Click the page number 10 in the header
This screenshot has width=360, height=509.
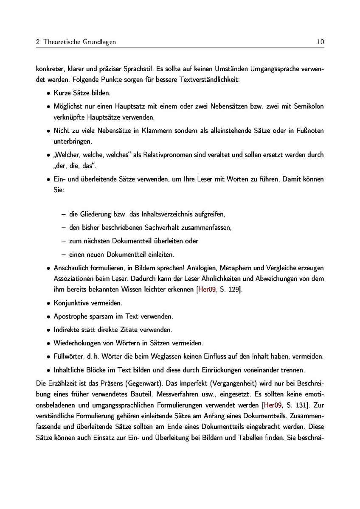click(x=321, y=42)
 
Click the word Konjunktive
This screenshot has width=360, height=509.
click(x=71, y=303)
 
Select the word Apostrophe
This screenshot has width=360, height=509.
click(x=71, y=316)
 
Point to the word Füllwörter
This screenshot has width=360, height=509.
click(x=68, y=356)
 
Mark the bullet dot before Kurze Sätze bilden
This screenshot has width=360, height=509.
click(x=48, y=93)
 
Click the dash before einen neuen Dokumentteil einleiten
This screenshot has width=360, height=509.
click(x=63, y=255)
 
